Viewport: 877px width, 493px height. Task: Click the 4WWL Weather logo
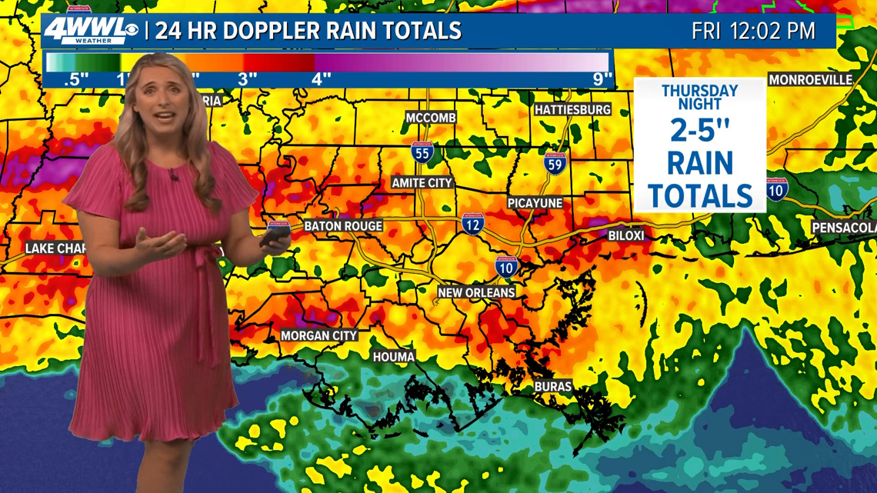(91, 31)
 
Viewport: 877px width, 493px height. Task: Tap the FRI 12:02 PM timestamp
(753, 32)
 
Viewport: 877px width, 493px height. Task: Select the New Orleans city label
(476, 293)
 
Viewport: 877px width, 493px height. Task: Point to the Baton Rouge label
(343, 226)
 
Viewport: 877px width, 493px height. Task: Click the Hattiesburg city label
(572, 110)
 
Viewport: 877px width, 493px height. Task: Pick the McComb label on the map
(431, 118)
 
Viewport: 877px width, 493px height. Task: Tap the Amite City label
(422, 183)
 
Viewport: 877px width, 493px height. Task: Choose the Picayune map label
(535, 203)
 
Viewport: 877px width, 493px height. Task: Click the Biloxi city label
(626, 235)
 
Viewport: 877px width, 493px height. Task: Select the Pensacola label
(844, 228)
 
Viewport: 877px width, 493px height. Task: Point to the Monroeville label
(810, 80)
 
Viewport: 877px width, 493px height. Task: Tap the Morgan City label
(318, 336)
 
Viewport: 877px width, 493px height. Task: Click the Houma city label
(394, 357)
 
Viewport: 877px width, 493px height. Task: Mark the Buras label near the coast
(553, 387)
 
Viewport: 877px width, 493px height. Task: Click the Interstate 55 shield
(422, 152)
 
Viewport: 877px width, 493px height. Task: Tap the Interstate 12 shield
(473, 224)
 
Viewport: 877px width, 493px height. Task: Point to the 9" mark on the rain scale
(602, 78)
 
